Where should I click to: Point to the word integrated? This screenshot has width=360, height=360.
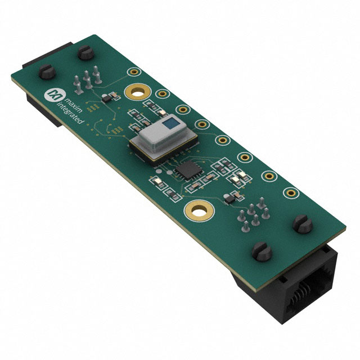point(70,113)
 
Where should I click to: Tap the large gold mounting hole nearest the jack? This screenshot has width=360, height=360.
point(199,210)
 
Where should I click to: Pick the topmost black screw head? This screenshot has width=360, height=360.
point(86,52)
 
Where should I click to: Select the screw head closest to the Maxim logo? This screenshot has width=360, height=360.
point(47,71)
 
